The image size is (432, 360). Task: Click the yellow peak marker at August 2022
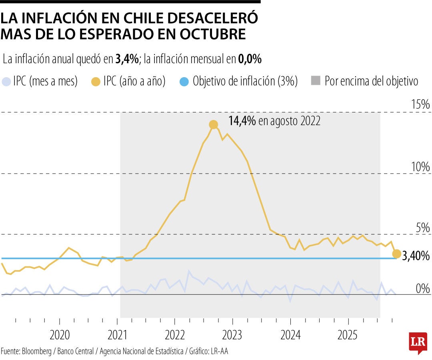pos(214,125)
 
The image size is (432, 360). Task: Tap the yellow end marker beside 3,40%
pos(396,254)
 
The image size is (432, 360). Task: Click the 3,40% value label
pos(416,256)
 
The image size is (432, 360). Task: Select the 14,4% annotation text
pos(242,121)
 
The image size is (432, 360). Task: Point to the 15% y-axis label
pos(420,105)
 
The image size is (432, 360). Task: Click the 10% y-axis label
pos(420,167)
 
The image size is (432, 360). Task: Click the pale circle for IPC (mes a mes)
pos(6,81)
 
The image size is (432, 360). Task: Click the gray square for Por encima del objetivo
pos(316,81)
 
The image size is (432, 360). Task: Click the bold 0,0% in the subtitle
pos(250,60)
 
